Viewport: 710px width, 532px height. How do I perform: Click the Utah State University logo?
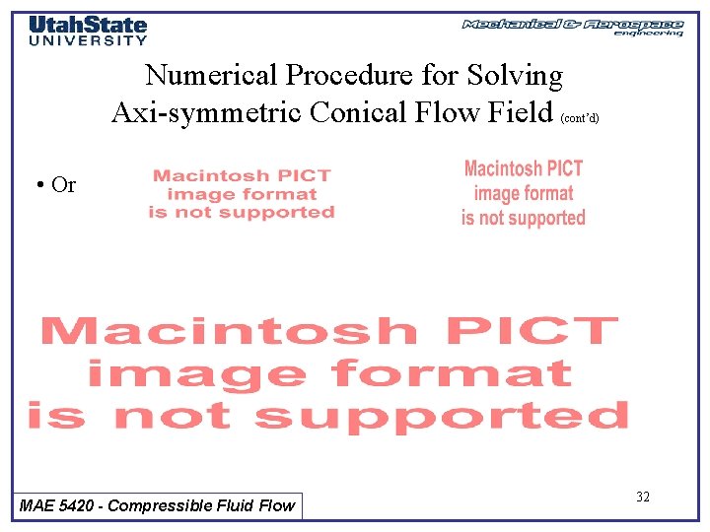88,30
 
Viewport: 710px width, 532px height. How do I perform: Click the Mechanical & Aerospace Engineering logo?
573,27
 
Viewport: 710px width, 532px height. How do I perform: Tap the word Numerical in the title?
210,76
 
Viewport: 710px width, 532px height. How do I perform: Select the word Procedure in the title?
349,76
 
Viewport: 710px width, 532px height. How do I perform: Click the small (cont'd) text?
580,117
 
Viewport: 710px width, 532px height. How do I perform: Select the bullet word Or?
63,185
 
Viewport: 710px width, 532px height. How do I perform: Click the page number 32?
643,497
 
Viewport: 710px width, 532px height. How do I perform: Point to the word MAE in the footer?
37,505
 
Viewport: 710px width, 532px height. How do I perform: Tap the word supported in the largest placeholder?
441,416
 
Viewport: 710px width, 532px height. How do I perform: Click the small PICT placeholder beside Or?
242,194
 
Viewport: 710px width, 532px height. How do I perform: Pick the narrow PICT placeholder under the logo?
524,193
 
